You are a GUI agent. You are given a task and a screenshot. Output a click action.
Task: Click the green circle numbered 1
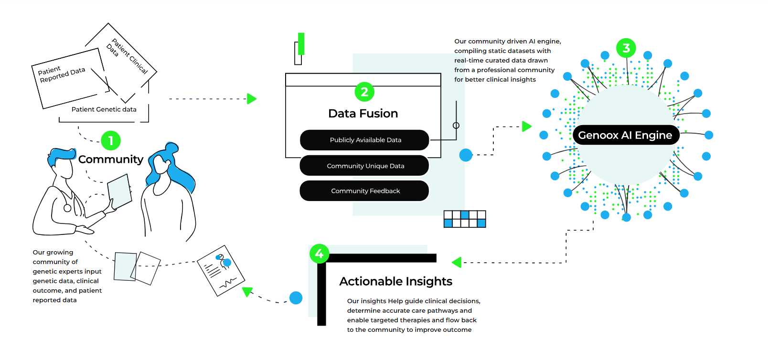pos(111,141)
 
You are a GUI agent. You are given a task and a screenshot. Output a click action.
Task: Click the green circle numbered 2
pos(364,92)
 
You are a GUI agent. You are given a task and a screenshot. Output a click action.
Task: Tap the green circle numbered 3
pos(626,48)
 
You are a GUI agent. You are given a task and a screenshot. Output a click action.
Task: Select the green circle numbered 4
pos(319,254)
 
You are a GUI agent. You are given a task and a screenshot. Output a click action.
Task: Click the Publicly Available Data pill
pos(365,140)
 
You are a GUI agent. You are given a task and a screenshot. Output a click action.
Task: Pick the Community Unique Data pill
pos(365,166)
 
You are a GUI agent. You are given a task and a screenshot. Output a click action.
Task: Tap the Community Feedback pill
pos(365,191)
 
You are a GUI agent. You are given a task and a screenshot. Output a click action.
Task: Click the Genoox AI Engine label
pos(625,135)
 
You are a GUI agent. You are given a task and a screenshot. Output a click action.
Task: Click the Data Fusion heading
pos(363,114)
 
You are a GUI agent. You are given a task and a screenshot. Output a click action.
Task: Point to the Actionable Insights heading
pos(395,281)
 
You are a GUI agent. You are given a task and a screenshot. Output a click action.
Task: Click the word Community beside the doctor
pos(111,159)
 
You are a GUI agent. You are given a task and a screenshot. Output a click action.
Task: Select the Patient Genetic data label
pos(104,109)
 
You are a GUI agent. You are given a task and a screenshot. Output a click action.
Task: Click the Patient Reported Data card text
pos(62,74)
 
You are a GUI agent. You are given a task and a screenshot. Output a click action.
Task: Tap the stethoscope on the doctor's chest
pos(67,208)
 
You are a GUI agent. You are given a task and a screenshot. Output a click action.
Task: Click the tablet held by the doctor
pos(120,191)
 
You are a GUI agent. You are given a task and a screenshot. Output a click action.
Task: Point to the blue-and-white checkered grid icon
pos(465,219)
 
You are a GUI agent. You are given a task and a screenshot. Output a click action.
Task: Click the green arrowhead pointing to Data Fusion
pos(252,99)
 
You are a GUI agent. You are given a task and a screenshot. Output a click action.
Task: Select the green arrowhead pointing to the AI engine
pos(526,127)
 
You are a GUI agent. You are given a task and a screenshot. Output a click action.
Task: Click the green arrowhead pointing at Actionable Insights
pos(457,262)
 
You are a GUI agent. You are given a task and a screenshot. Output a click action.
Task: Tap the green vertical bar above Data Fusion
pos(301,44)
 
